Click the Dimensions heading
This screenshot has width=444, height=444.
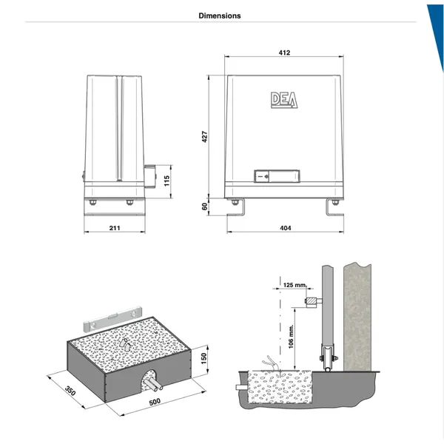(220, 16)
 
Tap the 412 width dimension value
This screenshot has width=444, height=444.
(284, 53)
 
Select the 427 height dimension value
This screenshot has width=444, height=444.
(205, 136)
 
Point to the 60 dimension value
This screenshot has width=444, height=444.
(204, 206)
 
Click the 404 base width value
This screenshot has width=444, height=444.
(286, 228)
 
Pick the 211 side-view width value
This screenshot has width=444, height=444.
(115, 228)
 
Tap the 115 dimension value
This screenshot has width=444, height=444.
(166, 181)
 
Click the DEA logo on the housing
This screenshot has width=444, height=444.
(284, 100)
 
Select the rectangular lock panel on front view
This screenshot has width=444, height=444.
(277, 176)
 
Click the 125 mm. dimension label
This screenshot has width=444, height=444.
(295, 285)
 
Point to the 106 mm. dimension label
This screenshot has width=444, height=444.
(291, 337)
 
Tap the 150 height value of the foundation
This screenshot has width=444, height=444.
(203, 358)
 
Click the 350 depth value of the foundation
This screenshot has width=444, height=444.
(70, 391)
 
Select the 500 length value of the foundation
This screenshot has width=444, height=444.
(155, 402)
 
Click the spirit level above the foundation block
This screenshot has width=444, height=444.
(112, 318)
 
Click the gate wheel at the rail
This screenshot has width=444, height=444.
(328, 369)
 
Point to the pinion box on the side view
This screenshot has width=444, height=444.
(149, 176)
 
